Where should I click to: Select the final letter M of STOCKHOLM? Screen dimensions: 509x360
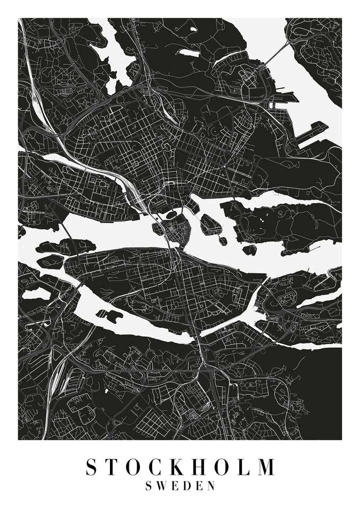click(265, 467)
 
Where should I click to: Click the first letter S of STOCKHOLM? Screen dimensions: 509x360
click(92, 467)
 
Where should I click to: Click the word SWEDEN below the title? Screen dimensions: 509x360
click(180, 486)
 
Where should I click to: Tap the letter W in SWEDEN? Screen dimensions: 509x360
click(163, 486)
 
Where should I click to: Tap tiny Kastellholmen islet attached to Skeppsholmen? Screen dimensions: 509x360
click(222, 240)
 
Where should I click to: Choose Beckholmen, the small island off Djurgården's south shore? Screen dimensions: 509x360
click(250, 249)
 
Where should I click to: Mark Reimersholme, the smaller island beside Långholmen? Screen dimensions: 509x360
click(51, 261)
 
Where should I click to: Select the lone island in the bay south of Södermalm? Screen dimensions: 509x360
click(109, 316)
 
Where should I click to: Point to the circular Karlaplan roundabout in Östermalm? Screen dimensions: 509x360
click(213, 133)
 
